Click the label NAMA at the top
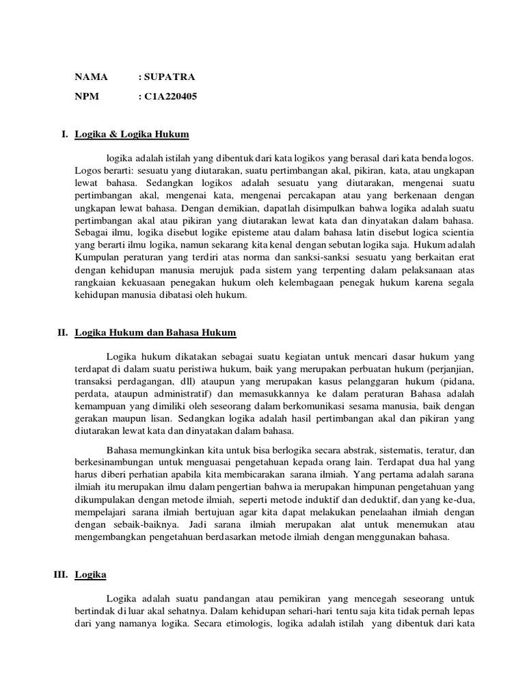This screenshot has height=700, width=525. [91, 77]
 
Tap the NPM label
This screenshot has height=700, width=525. [87, 96]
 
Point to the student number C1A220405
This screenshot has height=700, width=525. [170, 96]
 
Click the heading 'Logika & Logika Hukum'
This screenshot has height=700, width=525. [132, 134]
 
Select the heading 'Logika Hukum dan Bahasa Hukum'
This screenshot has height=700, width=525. [155, 333]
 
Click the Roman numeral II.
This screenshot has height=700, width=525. [62, 333]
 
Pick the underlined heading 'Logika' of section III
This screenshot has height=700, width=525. [90, 575]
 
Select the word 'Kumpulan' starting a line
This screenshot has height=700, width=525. [96, 258]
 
